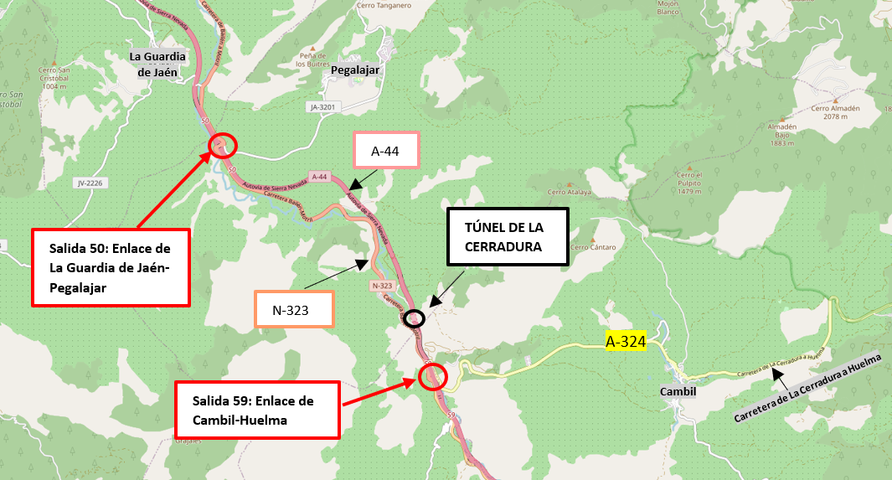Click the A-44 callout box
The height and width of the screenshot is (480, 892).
tap(386, 150)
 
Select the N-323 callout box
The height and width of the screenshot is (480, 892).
tap(294, 309)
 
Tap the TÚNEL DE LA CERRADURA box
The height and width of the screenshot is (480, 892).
tap(508, 236)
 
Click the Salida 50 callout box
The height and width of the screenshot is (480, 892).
tap(111, 267)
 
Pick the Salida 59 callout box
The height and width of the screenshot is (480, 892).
tap(256, 410)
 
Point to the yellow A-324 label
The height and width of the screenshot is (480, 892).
tap(624, 341)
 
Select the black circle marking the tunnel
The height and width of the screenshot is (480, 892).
tap(415, 318)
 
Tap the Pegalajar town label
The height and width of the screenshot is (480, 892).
tap(355, 70)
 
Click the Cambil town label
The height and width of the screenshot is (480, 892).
tap(678, 391)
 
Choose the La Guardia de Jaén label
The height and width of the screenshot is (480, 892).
tap(157, 64)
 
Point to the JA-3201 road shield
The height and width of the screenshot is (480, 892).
tap(322, 107)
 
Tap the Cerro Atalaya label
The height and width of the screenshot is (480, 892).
tap(570, 191)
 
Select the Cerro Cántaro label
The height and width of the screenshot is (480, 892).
tap(595, 247)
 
